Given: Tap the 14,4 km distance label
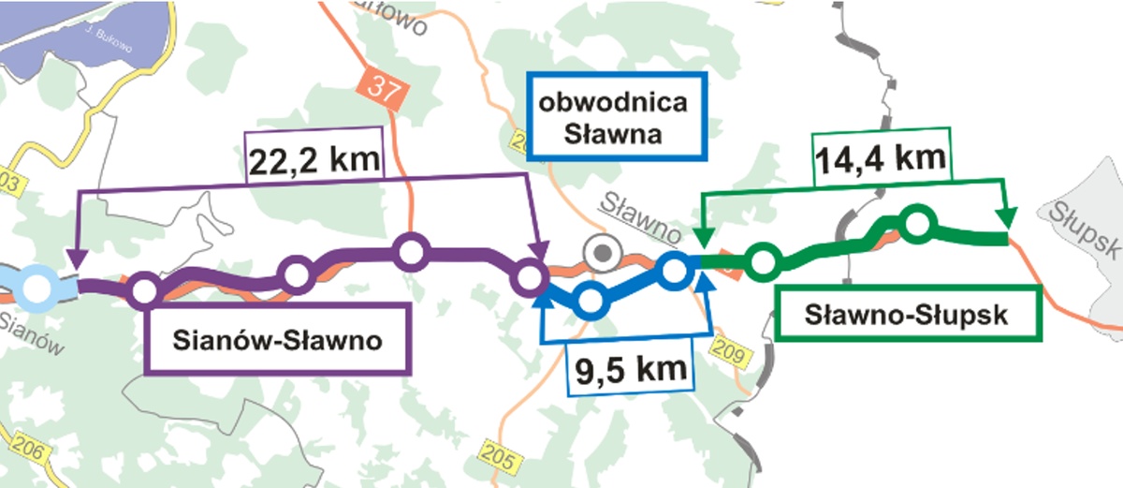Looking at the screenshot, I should pyautogui.click(x=880, y=157).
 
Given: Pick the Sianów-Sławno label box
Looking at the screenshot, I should pyautogui.click(x=277, y=338).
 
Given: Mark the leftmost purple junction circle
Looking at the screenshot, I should pyautogui.click(x=144, y=290).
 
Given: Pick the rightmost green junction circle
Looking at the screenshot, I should pyautogui.click(x=917, y=223).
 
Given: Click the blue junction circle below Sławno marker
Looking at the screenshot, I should pyautogui.click(x=590, y=300).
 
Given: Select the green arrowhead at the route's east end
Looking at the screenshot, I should pyautogui.click(x=1007, y=218).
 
